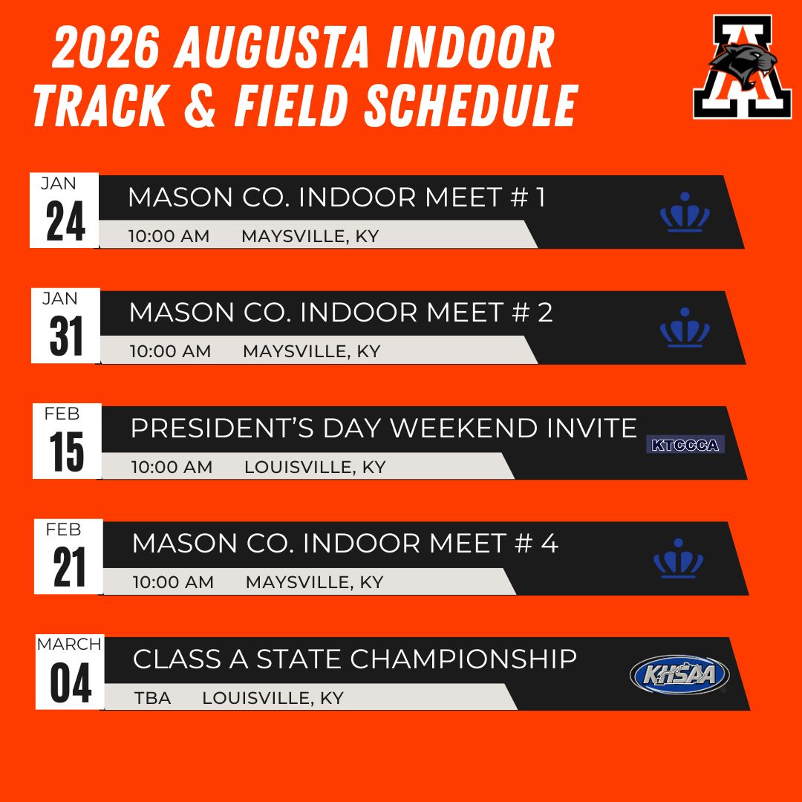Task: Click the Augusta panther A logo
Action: point(742,67)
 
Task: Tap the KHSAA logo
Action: point(679,674)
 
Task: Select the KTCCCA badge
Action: point(685,445)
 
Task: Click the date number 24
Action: point(65,221)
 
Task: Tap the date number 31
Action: point(66,336)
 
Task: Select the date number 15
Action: point(67,451)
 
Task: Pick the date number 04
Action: point(71,683)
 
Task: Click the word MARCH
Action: point(69,644)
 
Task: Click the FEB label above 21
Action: point(63,529)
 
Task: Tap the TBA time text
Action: point(152,698)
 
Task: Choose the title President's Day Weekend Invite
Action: point(384,428)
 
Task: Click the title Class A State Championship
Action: point(355,659)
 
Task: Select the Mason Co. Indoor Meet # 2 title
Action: point(341,312)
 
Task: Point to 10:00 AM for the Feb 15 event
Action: point(172,467)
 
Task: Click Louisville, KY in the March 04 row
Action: point(273,698)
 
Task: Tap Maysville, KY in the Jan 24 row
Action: point(310,236)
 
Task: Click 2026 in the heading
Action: point(105,47)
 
